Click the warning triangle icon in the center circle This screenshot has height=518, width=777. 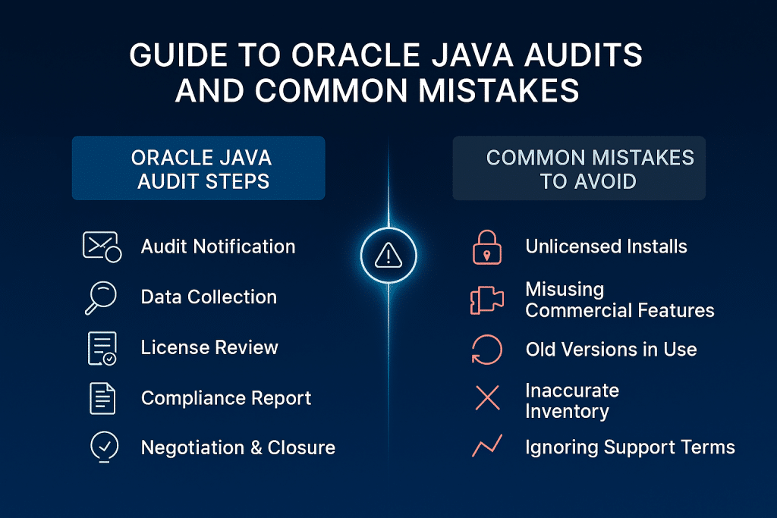[x=388, y=256]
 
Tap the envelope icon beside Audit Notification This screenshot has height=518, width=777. [x=101, y=247]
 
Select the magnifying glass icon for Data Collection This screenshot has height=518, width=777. [x=102, y=297]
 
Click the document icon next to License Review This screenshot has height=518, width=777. [x=102, y=348]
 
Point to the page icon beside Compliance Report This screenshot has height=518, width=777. [x=102, y=398]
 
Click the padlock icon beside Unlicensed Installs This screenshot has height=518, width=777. [x=486, y=246]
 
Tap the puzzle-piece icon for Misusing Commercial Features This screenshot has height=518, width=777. [x=486, y=300]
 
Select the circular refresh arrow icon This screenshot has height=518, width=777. [x=486, y=350]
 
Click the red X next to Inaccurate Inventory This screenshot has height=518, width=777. [x=486, y=400]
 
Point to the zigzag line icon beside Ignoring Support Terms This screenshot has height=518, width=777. [x=486, y=447]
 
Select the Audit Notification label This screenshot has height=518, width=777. [x=218, y=246]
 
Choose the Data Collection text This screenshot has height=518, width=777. [x=209, y=297]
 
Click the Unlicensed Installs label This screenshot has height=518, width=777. [x=606, y=246]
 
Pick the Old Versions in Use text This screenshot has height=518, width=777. [x=611, y=350]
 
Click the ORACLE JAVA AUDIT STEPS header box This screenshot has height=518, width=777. [x=198, y=168]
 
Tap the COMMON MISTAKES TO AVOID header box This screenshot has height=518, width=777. [x=579, y=168]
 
